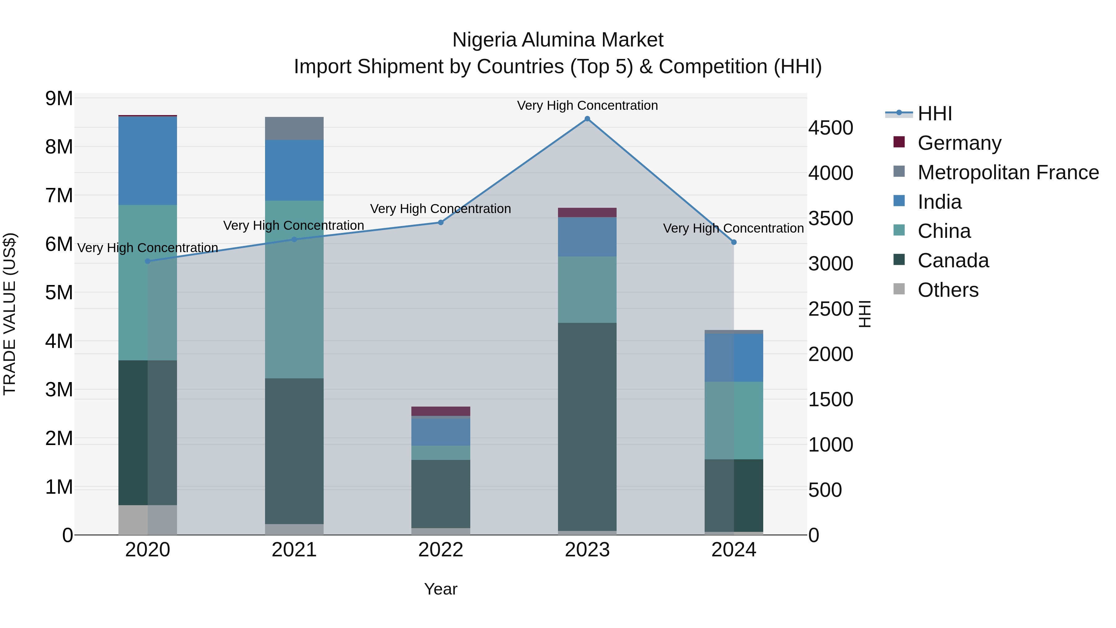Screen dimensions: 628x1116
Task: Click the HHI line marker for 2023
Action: point(587,119)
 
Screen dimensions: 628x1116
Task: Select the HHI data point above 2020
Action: point(148,261)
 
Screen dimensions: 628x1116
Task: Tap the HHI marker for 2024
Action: point(733,242)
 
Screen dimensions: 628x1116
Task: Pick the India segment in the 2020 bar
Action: point(148,161)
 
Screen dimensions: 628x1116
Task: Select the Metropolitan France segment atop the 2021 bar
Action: point(294,128)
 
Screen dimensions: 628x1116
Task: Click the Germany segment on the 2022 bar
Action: point(441,411)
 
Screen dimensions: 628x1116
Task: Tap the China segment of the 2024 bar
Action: point(733,421)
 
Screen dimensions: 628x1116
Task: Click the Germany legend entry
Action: point(959,143)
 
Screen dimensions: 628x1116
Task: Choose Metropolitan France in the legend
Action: point(1008,172)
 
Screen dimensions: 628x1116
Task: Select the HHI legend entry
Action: point(934,114)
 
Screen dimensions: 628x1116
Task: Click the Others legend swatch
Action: point(899,289)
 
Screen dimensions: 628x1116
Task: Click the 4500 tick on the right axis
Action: point(830,128)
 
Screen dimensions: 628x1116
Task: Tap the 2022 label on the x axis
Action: point(441,550)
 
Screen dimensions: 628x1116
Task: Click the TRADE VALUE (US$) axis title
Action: point(10,314)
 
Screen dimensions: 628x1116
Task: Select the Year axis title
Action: point(441,589)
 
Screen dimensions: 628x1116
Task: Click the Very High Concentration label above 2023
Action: point(587,105)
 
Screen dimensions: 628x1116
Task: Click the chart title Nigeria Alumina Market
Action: point(558,40)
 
